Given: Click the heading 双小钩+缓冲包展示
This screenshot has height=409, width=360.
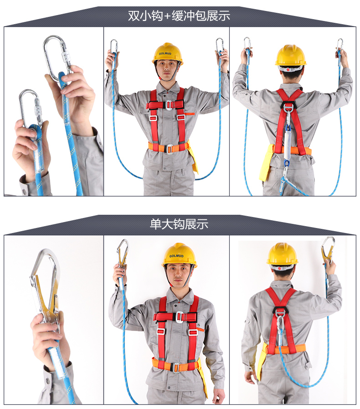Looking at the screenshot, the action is [179, 16].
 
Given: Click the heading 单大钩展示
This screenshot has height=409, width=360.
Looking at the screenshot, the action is [179, 224].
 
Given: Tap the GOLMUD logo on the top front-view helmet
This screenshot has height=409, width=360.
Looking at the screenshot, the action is [165, 53].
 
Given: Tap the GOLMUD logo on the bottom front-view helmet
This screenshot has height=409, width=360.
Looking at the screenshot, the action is [176, 256].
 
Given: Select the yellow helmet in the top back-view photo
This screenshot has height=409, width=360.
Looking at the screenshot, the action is [290, 55].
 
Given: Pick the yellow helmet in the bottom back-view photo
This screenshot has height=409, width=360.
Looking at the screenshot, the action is [282, 254].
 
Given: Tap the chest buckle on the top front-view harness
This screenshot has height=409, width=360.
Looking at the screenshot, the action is [169, 104].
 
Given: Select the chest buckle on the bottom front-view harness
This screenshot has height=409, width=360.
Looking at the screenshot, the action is [179, 316].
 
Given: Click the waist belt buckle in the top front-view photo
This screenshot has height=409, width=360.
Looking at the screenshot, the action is [170, 149].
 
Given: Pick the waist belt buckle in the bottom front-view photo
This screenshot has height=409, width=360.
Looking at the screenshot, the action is [177, 367].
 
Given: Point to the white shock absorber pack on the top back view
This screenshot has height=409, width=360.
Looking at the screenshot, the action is [287, 144].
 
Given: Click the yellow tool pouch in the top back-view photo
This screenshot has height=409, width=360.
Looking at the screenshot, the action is [266, 162].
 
